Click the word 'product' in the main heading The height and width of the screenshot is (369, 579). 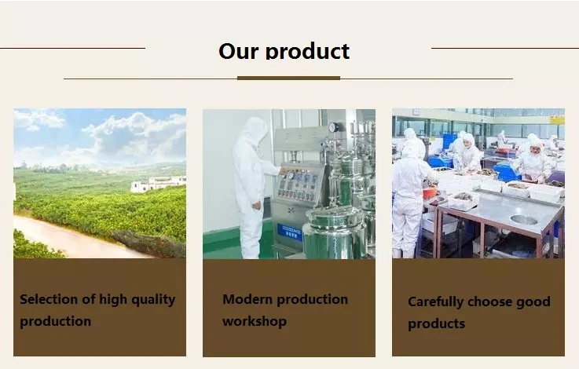click(x=307, y=51)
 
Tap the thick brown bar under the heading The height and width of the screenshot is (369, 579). click(x=288, y=79)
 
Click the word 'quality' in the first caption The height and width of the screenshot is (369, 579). click(x=153, y=300)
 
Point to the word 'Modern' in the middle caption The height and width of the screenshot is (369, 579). click(x=247, y=299)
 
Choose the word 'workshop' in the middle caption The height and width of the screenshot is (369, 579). click(x=255, y=321)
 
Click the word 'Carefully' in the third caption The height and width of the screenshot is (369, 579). click(x=436, y=301)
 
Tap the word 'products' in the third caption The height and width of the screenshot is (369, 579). click(x=437, y=323)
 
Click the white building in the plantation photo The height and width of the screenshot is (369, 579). click(x=158, y=184)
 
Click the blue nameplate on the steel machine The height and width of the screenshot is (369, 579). click(x=289, y=232)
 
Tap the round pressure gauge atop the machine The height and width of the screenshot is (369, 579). click(x=333, y=127)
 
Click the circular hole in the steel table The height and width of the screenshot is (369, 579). click(x=523, y=220)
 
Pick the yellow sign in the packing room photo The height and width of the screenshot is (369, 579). click(x=557, y=120)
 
